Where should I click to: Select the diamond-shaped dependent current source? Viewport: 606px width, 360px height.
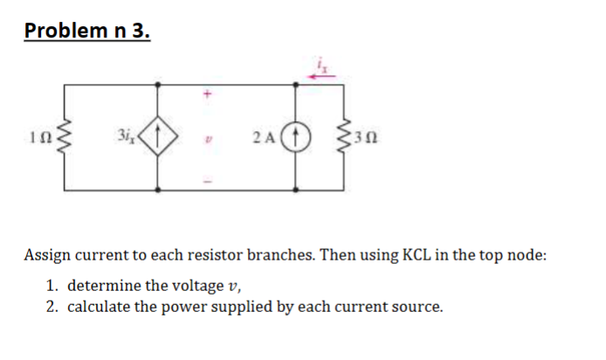coord(158,135)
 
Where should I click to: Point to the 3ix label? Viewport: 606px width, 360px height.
coord(123,135)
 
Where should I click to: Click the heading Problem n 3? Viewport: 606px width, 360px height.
coord(87,31)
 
